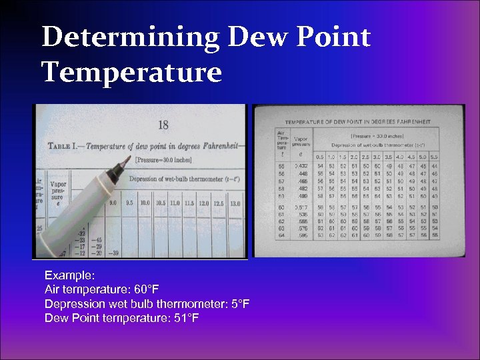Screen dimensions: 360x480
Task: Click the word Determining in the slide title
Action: (130, 37)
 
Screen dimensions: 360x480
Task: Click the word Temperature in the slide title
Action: (131, 71)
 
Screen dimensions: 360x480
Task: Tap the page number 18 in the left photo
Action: (163, 124)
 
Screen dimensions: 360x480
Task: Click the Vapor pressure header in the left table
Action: (58, 193)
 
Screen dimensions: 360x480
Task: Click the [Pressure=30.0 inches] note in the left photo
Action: (164, 160)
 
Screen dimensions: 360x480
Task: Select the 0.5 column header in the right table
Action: (320, 157)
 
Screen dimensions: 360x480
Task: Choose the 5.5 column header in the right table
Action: (435, 157)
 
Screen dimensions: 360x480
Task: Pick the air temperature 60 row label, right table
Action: (281, 207)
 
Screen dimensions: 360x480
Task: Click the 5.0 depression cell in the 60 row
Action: (423, 207)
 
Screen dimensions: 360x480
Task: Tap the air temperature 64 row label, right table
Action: (281, 235)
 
